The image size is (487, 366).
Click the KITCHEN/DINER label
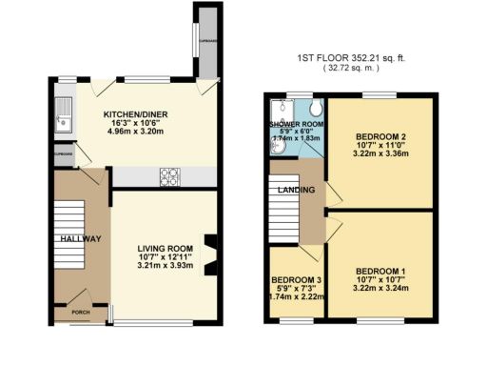point(135,113)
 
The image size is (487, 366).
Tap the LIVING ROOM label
point(166,246)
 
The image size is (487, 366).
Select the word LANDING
point(291,191)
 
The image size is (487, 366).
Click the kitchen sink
point(65,119)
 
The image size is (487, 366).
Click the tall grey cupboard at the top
point(205,43)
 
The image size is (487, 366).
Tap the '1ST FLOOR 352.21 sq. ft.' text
point(365,58)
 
